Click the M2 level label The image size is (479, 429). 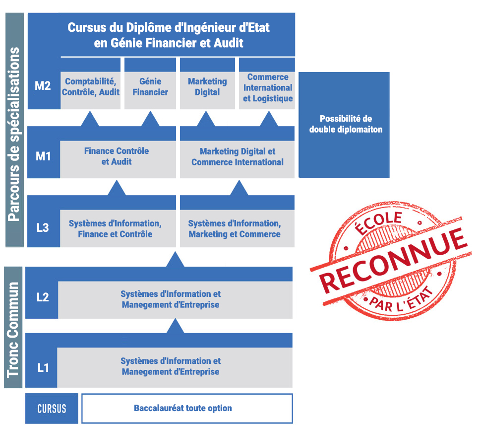(x=43, y=86)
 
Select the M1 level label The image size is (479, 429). (x=43, y=156)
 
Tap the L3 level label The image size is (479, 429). (x=43, y=227)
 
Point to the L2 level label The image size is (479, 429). (x=43, y=297)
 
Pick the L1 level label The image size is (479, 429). (x=43, y=367)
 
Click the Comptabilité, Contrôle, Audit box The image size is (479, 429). (x=90, y=90)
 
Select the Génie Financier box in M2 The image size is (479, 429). (x=150, y=90)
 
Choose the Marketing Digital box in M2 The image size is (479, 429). (x=207, y=90)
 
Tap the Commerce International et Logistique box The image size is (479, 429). (x=267, y=90)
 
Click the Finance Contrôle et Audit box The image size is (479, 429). (x=118, y=159)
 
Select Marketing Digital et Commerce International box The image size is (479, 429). (x=238, y=159)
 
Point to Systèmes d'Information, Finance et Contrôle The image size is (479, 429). (x=118, y=228)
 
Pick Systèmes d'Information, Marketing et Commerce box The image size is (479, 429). (x=238, y=228)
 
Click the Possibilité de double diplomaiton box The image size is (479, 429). (x=344, y=125)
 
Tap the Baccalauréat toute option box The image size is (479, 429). (x=187, y=408)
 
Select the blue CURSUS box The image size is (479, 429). (x=52, y=409)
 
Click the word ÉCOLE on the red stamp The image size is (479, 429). (x=378, y=222)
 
